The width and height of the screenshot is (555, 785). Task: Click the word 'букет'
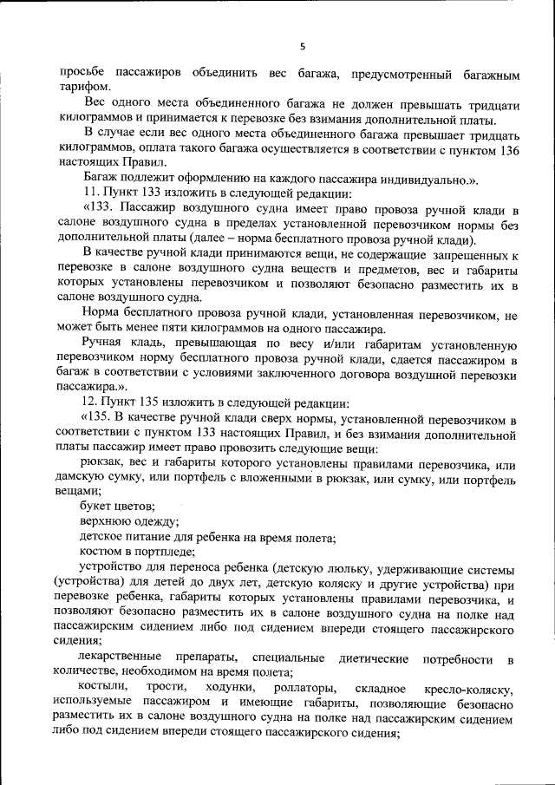click(x=95, y=506)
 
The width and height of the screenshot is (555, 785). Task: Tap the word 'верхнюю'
click(x=104, y=521)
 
